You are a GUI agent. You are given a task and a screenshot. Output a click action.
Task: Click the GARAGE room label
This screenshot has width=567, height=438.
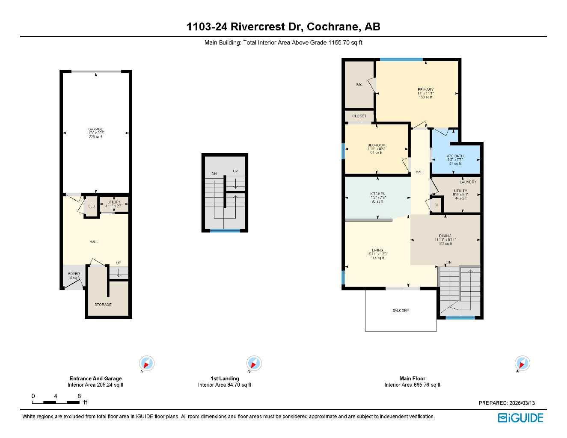[x=95, y=129]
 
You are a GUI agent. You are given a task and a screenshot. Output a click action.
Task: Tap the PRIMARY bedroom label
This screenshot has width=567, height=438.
[x=425, y=89]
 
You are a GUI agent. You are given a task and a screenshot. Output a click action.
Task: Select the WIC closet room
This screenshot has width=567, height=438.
[x=359, y=85]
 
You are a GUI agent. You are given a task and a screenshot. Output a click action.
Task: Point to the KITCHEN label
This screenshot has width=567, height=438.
[x=377, y=194]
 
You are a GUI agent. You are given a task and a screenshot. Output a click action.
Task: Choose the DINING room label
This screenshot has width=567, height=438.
[x=445, y=236]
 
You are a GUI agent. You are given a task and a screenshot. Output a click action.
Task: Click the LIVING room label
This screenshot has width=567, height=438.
[x=377, y=250]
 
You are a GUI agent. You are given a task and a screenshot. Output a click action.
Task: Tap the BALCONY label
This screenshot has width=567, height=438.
[x=401, y=311]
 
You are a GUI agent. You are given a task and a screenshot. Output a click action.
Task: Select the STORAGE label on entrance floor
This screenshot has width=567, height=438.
[x=103, y=305]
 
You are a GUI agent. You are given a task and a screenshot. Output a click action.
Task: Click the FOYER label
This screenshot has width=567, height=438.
[x=74, y=274]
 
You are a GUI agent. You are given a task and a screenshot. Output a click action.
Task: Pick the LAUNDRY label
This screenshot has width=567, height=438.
[x=468, y=182]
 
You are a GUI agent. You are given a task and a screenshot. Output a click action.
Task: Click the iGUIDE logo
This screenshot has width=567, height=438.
[x=520, y=417]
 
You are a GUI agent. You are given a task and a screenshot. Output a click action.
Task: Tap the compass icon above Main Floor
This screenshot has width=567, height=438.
[x=522, y=364]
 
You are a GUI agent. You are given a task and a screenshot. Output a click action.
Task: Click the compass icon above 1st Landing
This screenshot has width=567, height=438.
[x=253, y=364]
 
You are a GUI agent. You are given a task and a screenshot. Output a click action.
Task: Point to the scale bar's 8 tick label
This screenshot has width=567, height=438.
[x=79, y=396]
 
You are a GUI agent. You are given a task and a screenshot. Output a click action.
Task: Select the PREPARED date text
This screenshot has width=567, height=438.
[x=507, y=403]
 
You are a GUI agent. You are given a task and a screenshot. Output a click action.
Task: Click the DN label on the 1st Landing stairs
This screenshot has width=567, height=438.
[x=214, y=174]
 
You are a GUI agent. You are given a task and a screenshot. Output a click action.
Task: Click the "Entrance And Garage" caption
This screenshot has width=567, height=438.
[x=95, y=379]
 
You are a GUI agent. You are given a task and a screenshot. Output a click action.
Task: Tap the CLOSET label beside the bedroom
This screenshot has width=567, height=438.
[x=359, y=116]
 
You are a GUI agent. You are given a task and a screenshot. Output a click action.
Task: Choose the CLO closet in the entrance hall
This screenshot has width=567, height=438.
[x=92, y=206]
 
